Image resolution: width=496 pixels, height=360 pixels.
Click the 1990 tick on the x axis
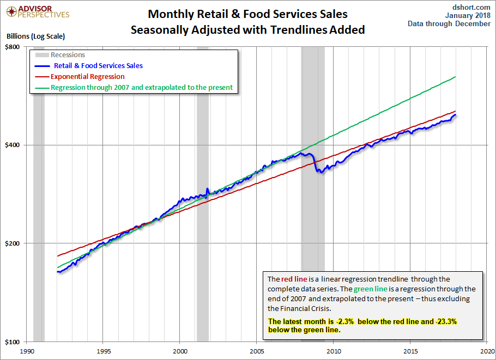tap(28, 351)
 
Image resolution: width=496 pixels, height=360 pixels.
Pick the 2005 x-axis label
tap(257, 351)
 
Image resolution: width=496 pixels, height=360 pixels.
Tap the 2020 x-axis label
tap(488, 351)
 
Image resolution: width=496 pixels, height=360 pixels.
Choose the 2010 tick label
tap(334, 351)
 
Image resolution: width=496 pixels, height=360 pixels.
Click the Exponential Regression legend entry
tap(87, 77)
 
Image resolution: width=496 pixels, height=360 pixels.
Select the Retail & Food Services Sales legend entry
tap(98, 66)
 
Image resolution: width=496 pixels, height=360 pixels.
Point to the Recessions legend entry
tap(68, 55)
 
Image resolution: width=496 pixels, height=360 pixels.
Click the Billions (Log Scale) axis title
tap(35, 36)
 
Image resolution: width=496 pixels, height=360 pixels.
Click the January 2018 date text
tap(467, 15)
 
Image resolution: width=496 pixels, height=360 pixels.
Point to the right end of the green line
tap(455, 77)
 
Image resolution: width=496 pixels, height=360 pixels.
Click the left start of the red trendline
tap(57, 256)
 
